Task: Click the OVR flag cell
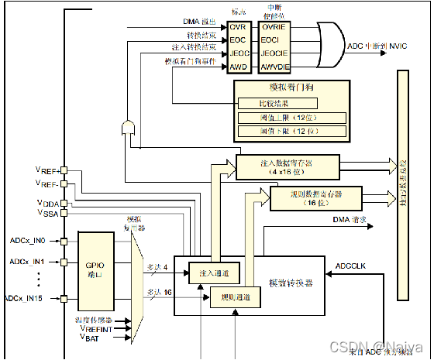pyautogui.click(x=237, y=27)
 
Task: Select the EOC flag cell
pyautogui.click(x=237, y=40)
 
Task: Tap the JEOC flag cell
pyautogui.click(x=237, y=54)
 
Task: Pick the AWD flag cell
pyautogui.click(x=237, y=68)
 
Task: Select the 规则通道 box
pyautogui.click(x=236, y=297)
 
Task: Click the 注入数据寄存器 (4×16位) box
pyautogui.click(x=288, y=166)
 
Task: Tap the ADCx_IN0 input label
pyautogui.click(x=27, y=241)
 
